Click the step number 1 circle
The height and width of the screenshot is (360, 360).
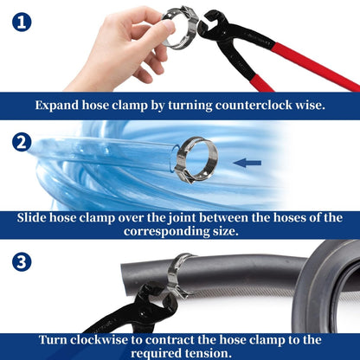[22, 22]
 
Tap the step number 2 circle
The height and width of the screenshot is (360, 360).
[22, 142]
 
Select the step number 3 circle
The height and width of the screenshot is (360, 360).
[22, 262]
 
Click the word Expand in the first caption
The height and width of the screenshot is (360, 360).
[57, 106]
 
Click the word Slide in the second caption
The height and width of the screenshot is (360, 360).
[31, 217]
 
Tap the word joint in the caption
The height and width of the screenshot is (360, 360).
[183, 218]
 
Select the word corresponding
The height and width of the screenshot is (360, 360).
[162, 232]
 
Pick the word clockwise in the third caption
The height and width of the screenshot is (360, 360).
[99, 340]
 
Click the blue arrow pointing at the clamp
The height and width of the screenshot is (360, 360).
[247, 163]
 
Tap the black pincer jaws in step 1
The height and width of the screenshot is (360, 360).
[213, 23]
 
